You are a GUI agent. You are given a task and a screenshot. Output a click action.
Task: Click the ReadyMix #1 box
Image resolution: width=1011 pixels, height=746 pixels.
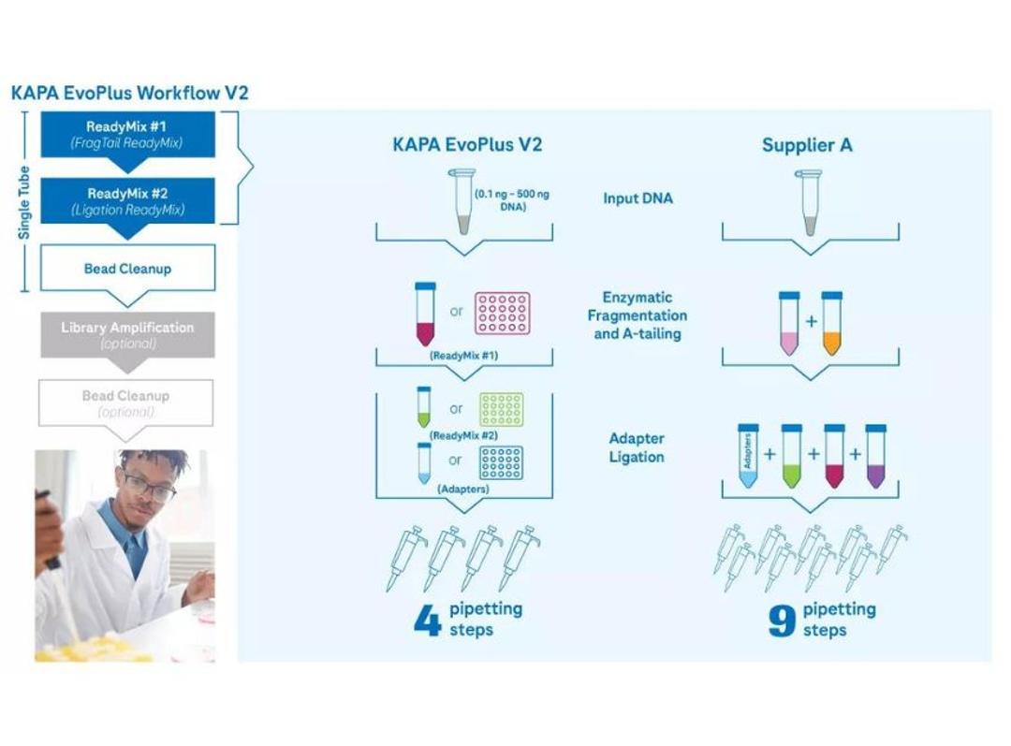[127, 134]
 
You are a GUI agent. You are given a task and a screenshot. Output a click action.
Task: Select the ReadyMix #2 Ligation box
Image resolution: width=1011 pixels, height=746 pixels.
[127, 201]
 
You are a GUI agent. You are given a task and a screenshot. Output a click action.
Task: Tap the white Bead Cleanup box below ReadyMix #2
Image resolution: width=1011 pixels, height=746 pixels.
[127, 269]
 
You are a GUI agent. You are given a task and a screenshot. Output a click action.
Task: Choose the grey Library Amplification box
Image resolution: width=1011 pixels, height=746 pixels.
[127, 335]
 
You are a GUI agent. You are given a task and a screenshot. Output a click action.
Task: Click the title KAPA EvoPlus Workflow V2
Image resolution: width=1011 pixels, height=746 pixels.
[129, 94]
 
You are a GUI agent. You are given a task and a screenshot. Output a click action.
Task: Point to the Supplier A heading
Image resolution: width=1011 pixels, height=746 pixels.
[807, 145]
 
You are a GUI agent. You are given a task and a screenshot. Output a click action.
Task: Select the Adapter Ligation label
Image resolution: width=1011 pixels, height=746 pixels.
[637, 447]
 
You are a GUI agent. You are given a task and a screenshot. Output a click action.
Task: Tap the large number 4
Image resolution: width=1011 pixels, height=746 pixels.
[427, 621]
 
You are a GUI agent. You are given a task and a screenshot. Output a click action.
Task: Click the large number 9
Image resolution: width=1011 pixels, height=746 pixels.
[782, 621]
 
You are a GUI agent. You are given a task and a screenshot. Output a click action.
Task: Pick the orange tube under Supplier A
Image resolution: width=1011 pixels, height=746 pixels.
[831, 324]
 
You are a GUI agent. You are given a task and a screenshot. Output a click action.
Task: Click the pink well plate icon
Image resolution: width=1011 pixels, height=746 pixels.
[502, 314]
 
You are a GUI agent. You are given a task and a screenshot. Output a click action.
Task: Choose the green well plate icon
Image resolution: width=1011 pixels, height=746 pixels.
[502, 409]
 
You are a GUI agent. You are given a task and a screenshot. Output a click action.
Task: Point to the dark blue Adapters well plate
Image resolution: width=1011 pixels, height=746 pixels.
[501, 461]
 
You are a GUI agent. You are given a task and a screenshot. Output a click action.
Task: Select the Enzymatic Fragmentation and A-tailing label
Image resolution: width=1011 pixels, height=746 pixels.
[637, 315]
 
